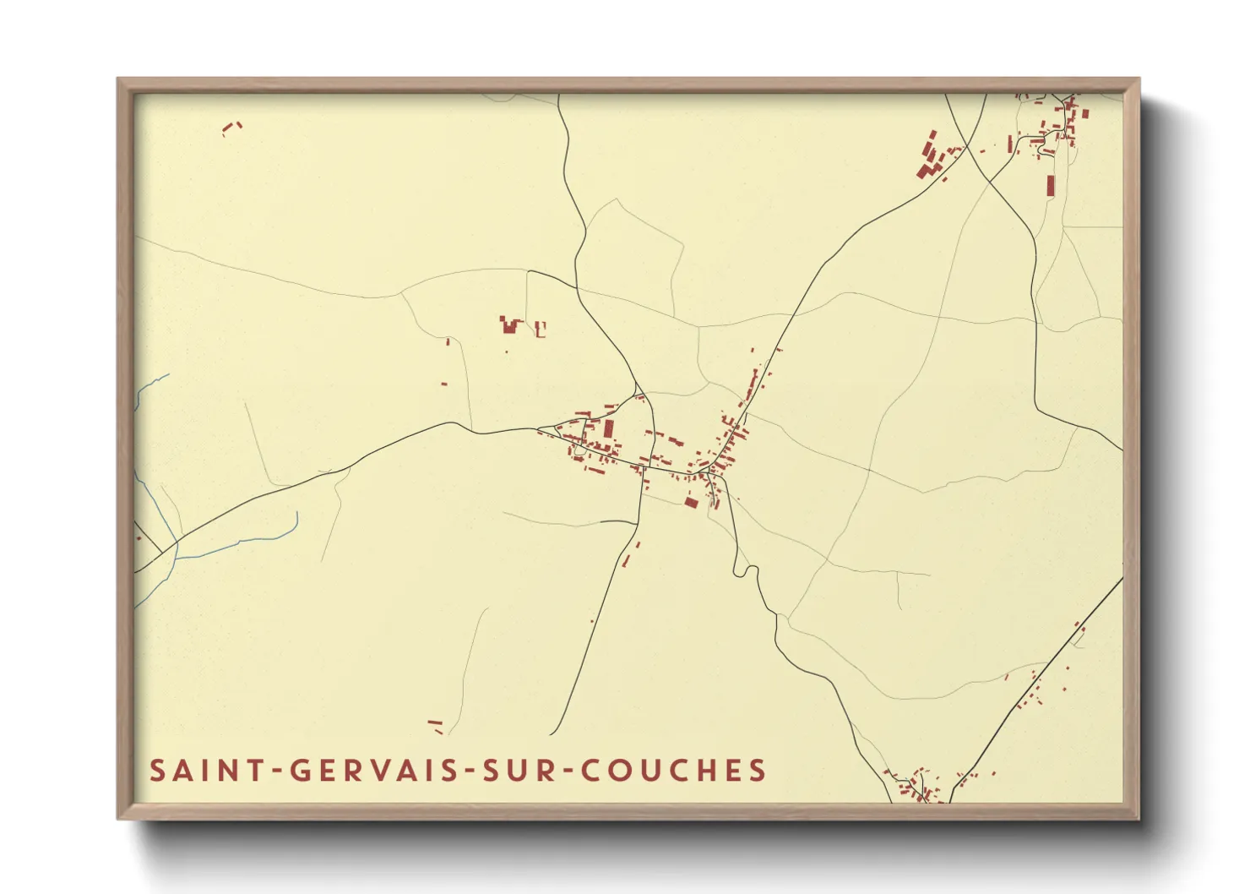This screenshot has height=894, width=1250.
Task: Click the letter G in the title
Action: pyautogui.click(x=300, y=771)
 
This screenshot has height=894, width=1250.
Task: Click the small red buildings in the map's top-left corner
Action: pyautogui.click(x=231, y=128)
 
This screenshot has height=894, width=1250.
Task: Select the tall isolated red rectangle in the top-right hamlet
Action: pyautogui.click(x=1051, y=185)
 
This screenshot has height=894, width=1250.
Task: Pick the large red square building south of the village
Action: pyautogui.click(x=691, y=503)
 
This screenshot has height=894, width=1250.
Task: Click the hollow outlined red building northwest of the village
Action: pyautogui.click(x=541, y=330)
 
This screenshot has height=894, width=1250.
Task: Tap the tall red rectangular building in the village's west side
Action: pyautogui.click(x=609, y=428)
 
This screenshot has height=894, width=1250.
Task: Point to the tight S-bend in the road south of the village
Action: pyautogui.click(x=743, y=570)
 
